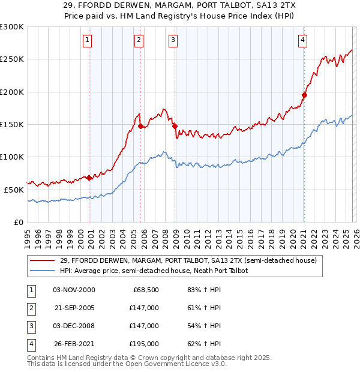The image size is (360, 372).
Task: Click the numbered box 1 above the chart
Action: (x=88, y=40)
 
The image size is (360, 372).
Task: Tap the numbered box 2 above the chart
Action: (x=139, y=40)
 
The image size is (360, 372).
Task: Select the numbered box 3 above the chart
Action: (x=173, y=40)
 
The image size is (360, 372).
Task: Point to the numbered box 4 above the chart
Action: (x=303, y=40)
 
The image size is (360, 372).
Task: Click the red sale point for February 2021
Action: (x=304, y=95)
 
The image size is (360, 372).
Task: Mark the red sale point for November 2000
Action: (x=89, y=178)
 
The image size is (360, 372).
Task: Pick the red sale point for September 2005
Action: (x=140, y=126)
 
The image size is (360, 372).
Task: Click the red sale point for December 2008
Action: (x=175, y=126)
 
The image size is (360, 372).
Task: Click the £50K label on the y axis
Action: (x=14, y=189)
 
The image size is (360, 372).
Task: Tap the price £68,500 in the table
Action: (x=146, y=290)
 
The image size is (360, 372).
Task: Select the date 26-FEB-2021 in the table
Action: (x=74, y=344)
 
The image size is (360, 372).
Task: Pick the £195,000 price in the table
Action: (x=145, y=344)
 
